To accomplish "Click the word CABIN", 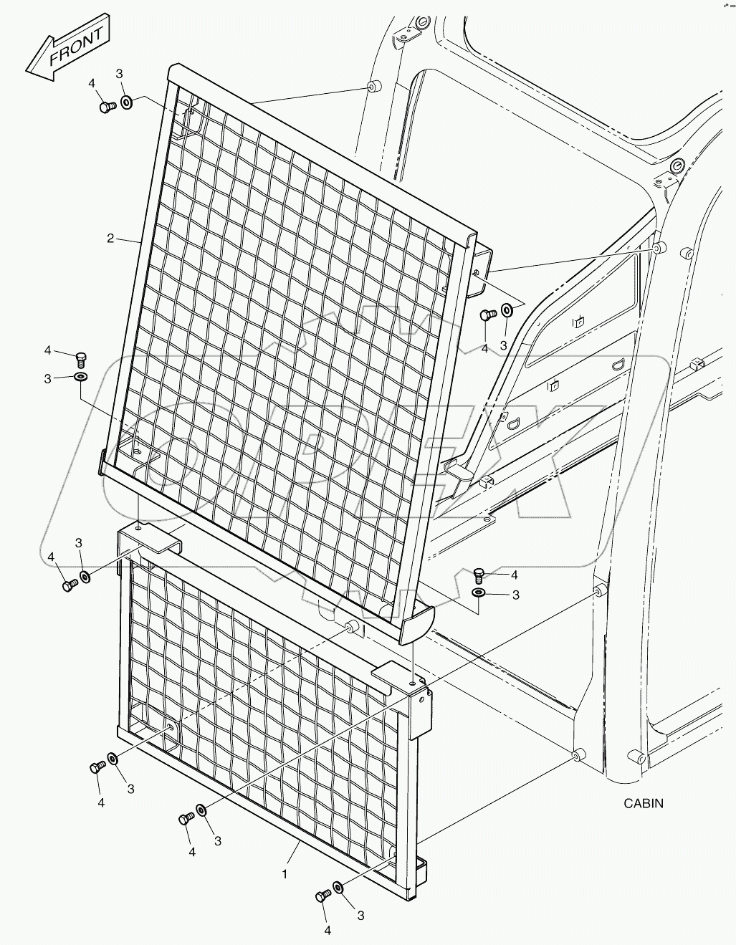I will (x=643, y=803).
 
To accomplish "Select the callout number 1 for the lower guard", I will (x=285, y=874).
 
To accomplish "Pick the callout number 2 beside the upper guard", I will (x=110, y=238).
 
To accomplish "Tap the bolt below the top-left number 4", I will (x=107, y=107).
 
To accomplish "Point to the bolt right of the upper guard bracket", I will (x=487, y=315).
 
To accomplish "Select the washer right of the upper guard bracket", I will (x=506, y=310).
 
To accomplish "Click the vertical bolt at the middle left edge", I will (x=80, y=356).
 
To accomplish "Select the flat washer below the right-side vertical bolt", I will (x=478, y=593).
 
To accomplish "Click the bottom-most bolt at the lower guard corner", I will (x=322, y=896).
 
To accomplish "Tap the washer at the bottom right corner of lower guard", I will (x=338, y=888).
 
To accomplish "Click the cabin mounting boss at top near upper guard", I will (x=372, y=87).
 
